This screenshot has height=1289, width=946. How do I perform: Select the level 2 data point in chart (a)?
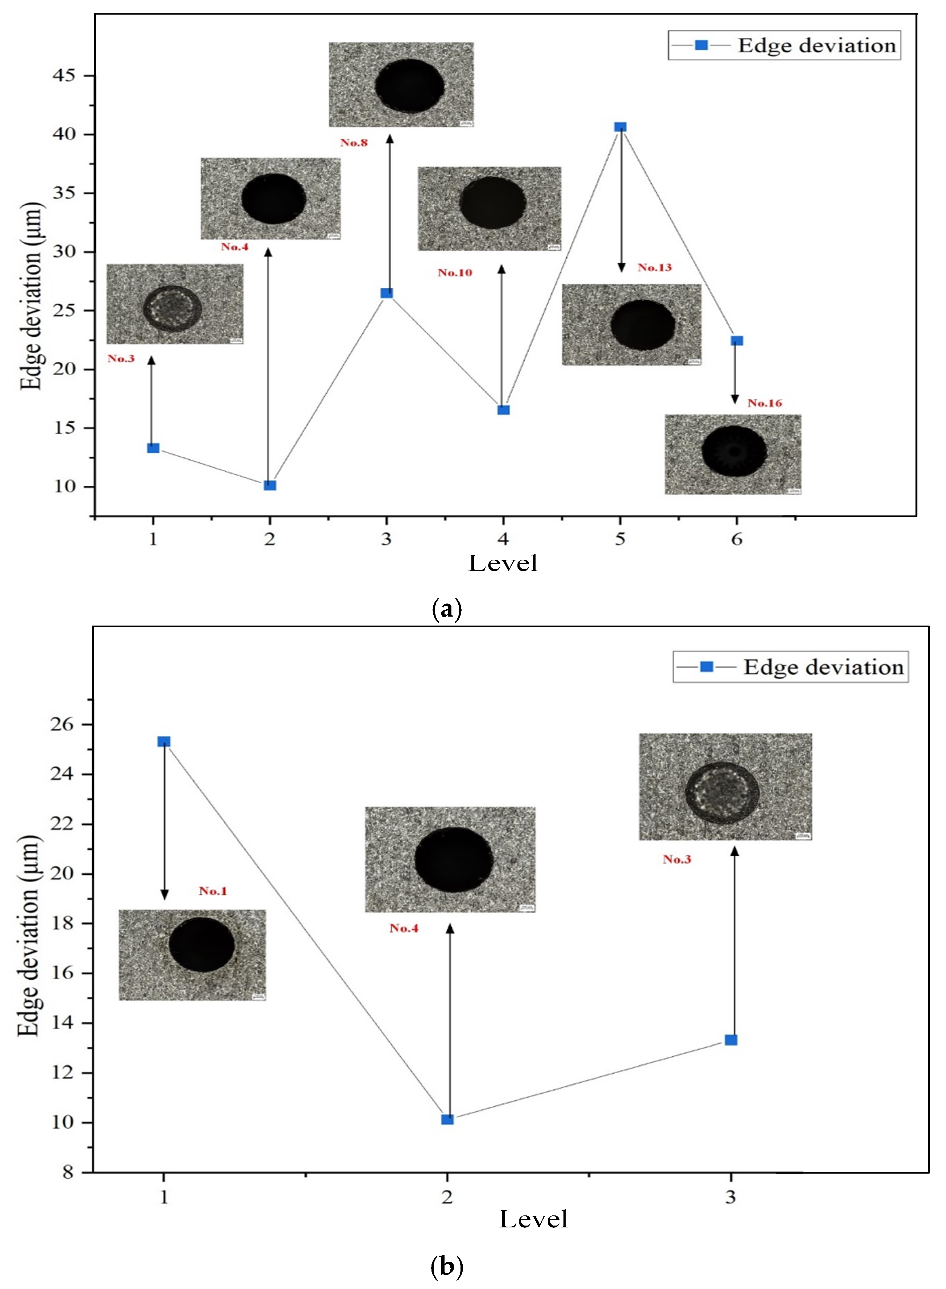pyautogui.click(x=270, y=485)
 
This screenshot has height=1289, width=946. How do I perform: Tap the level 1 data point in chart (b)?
pyautogui.click(x=164, y=742)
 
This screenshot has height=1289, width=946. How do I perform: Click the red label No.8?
pyautogui.click(x=354, y=142)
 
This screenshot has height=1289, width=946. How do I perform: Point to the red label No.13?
pyautogui.click(x=654, y=267)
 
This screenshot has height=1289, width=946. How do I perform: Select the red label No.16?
pyautogui.click(x=764, y=403)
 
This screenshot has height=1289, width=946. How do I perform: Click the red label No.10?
pyautogui.click(x=455, y=273)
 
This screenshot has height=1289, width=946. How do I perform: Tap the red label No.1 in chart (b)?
pyautogui.click(x=213, y=891)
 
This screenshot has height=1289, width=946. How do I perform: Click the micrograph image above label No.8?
pyautogui.click(x=401, y=85)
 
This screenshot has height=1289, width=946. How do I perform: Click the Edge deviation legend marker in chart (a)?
pyautogui.click(x=701, y=45)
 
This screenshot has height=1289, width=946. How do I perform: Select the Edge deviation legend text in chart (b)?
pyautogui.click(x=823, y=667)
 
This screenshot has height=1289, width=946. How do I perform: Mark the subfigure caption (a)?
pyautogui.click(x=446, y=609)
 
